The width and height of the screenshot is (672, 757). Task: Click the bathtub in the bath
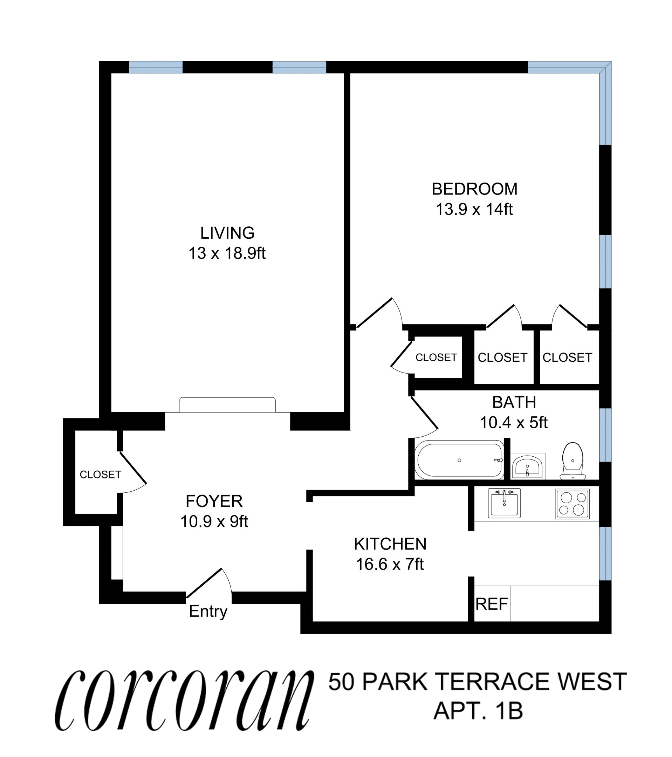(459, 461)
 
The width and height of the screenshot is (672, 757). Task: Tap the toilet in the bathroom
(572, 461)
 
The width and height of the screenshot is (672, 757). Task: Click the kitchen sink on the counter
(504, 503)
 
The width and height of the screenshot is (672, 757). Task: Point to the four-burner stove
(572, 504)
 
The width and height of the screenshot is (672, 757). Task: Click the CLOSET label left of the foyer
(100, 475)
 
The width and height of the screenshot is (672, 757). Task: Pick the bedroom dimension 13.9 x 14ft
(474, 210)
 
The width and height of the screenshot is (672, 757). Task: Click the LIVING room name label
(227, 233)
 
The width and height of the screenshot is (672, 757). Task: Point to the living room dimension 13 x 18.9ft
(227, 254)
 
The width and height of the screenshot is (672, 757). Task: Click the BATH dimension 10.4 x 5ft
(514, 423)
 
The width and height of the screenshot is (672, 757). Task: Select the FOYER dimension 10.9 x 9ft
(214, 521)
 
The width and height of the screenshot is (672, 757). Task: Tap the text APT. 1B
(478, 711)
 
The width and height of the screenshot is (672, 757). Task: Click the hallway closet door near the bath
(402, 357)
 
